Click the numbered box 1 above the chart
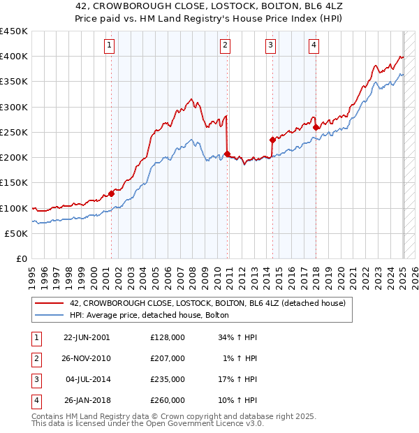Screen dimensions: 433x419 (110, 46)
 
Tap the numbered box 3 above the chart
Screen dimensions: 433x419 (270, 46)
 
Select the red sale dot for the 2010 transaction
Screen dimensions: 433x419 (228, 154)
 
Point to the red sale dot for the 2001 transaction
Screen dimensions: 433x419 (111, 193)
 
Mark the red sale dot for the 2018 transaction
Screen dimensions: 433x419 (316, 127)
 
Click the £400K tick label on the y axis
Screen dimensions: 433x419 (14, 57)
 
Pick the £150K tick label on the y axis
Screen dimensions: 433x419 (14, 182)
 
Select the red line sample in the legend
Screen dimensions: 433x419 (50, 304)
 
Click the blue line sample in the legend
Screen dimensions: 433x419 (50, 316)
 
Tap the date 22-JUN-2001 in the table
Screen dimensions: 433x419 (87, 337)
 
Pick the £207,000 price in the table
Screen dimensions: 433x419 (168, 358)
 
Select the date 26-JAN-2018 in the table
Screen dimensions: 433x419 (87, 401)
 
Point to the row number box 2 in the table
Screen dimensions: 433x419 (34, 358)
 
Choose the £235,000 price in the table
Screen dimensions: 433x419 (168, 380)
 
